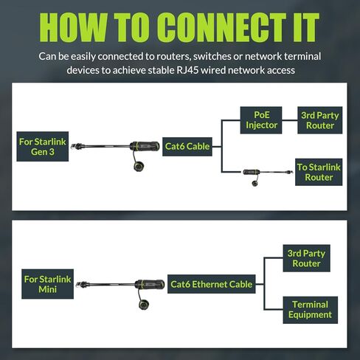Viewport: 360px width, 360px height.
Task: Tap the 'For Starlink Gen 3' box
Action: point(43,147)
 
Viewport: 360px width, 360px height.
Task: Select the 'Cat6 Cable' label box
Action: point(187,147)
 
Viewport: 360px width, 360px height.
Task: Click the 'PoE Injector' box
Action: point(261,120)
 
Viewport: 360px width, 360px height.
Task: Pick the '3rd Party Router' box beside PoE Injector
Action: point(320,120)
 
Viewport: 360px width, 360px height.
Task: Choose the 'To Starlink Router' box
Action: point(319,172)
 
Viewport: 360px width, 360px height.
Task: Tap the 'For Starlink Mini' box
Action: point(47,284)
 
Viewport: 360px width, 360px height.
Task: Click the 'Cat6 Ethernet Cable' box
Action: point(212,284)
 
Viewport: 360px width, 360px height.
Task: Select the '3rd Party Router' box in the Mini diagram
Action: point(306,258)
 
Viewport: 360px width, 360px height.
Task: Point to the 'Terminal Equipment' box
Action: point(311,310)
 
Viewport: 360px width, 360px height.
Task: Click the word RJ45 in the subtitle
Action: point(187,70)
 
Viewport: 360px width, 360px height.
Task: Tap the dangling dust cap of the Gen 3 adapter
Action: point(139,166)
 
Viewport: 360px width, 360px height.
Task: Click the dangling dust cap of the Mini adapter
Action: point(144,305)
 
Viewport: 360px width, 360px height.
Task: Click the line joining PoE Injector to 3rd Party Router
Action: point(290,120)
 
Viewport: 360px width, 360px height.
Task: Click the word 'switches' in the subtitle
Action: point(212,56)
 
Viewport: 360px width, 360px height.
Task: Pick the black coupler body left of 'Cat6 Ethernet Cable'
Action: point(150,284)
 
